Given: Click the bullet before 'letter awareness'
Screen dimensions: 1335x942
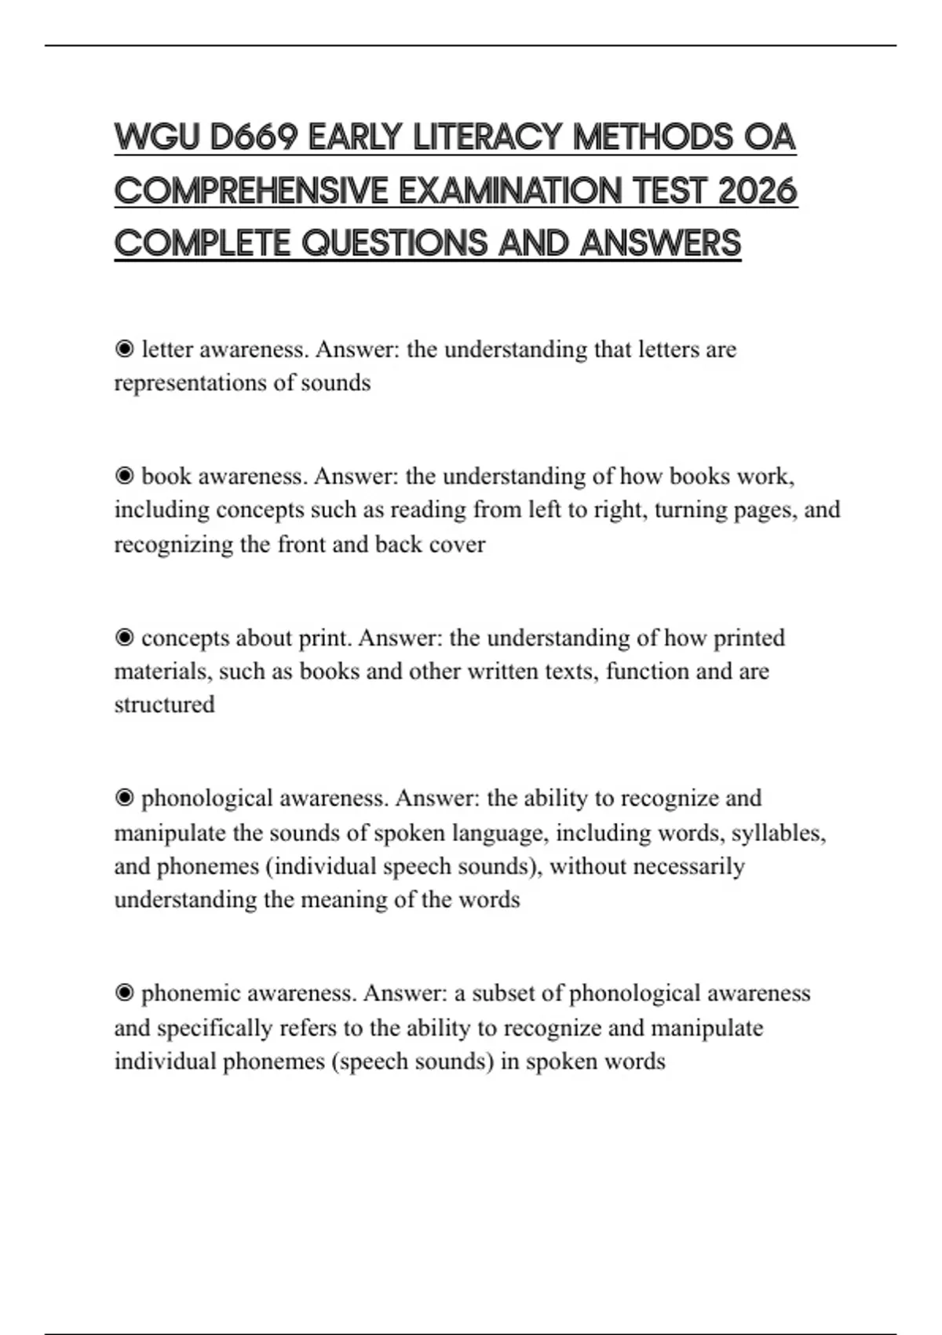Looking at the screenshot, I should [x=124, y=349].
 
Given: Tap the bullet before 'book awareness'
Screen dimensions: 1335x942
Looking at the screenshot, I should [x=124, y=476].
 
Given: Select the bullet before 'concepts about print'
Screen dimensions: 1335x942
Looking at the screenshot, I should [x=124, y=638].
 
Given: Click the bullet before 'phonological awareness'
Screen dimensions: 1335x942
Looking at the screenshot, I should [x=124, y=799].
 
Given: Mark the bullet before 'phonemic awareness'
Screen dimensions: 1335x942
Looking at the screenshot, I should [x=124, y=993].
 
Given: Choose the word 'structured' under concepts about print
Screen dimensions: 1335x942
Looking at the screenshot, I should [x=164, y=704].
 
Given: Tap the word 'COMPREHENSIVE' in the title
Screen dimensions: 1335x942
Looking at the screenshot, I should [x=251, y=191].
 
